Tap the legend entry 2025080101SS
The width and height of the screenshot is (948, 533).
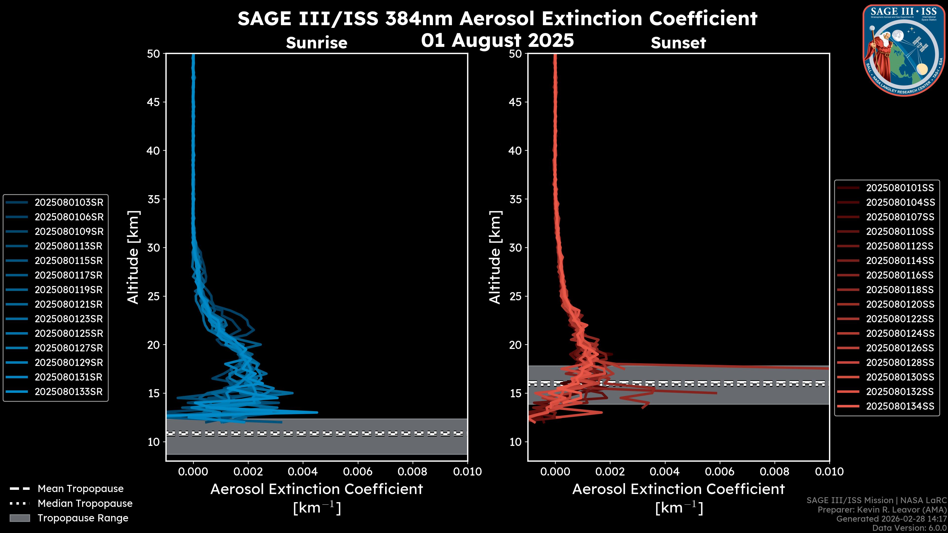[x=900, y=188]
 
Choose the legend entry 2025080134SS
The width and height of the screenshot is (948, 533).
[x=900, y=406]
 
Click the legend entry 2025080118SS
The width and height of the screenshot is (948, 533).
[x=900, y=290]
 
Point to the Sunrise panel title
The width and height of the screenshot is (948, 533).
[x=316, y=43]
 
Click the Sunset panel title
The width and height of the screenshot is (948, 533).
[x=678, y=43]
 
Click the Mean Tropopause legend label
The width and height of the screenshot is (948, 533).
[x=80, y=489]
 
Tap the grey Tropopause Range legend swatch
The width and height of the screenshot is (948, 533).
[x=20, y=518]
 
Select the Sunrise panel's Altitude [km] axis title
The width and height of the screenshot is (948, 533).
[x=133, y=257]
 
